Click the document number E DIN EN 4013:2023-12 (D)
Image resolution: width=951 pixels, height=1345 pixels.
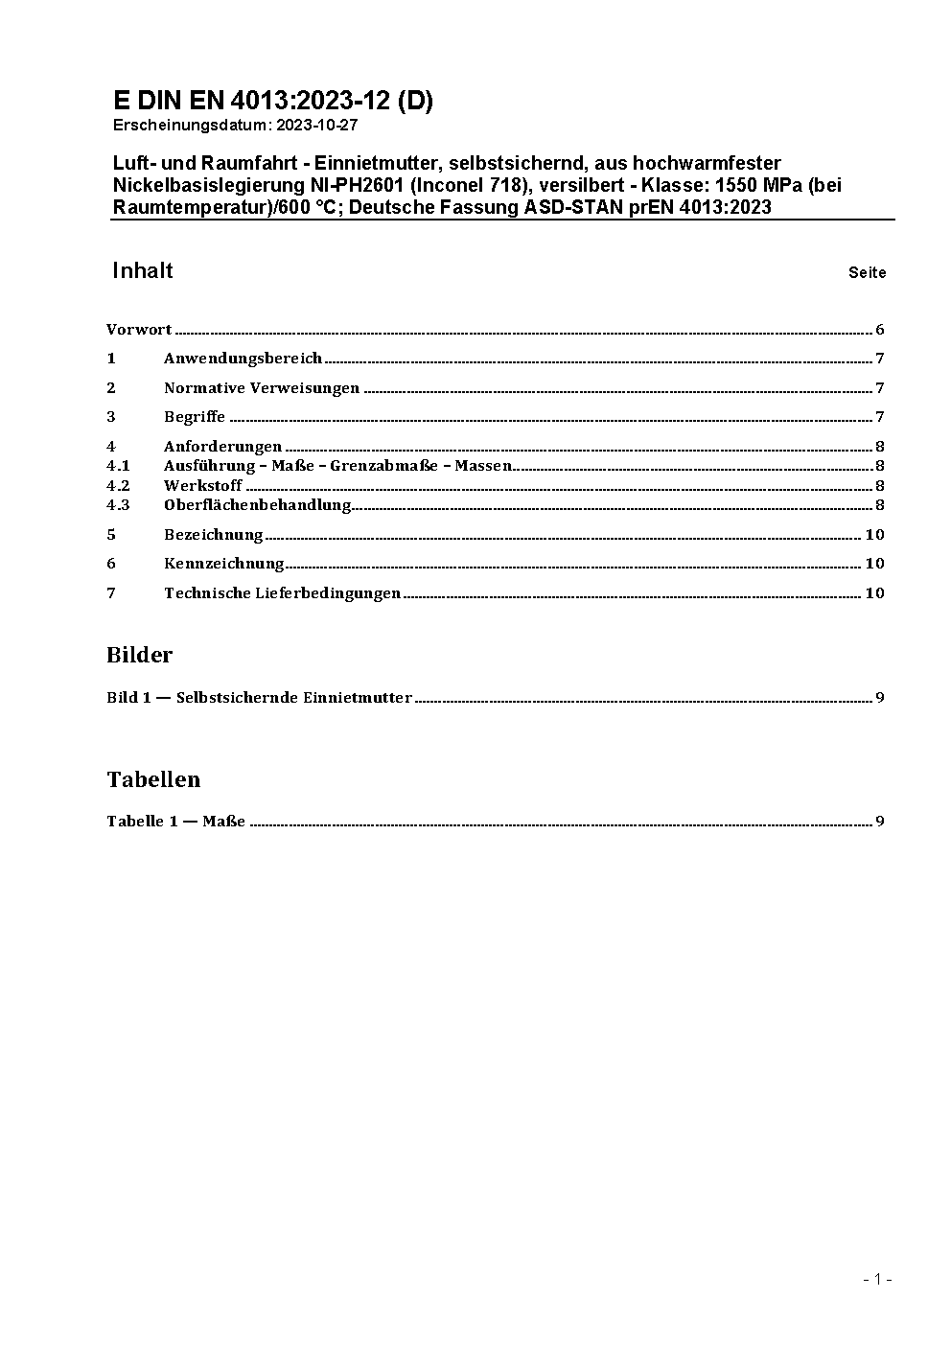[x=272, y=102]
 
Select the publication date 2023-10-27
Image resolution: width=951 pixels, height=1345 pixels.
[x=317, y=126]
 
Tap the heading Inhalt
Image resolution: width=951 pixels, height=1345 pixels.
[x=142, y=271]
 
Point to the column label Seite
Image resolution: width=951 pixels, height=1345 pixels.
[x=867, y=273]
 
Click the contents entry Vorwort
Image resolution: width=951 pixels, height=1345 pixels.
[x=139, y=330]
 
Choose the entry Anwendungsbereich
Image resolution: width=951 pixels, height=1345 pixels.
[x=243, y=359]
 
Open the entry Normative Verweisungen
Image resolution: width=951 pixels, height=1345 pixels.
[x=261, y=388]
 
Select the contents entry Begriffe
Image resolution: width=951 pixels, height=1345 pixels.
[x=195, y=417]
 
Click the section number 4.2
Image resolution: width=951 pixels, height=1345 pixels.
[x=118, y=486]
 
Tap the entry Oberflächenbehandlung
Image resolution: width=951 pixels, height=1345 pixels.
[x=257, y=505]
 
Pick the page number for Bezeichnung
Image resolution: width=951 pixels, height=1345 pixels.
[x=874, y=535]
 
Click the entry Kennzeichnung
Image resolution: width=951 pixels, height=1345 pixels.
[x=223, y=564]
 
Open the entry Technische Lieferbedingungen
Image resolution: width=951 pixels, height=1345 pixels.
[x=282, y=593]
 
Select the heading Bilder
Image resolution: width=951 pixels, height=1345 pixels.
[x=139, y=656]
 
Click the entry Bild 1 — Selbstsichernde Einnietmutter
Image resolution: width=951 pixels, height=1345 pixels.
[x=259, y=698]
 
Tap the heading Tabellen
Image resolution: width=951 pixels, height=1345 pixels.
[x=153, y=780]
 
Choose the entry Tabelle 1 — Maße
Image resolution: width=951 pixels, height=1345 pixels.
[x=175, y=822]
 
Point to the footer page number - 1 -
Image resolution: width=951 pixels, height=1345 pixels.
[x=877, y=1279]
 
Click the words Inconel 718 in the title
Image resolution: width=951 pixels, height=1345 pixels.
[x=474, y=185]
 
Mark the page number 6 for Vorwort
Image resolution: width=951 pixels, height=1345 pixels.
[x=879, y=330]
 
